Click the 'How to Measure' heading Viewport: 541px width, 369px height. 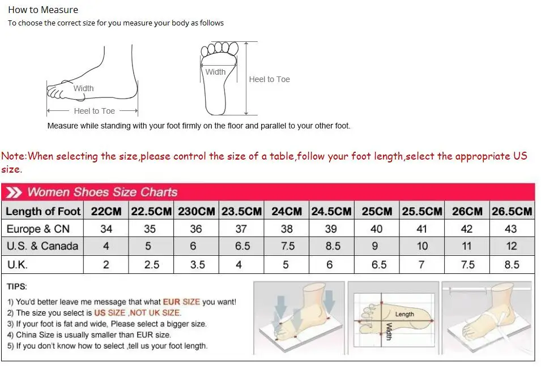point(43,10)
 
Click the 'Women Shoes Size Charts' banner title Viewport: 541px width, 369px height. point(102,192)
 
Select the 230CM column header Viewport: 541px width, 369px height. point(197,211)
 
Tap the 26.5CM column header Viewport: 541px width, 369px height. point(512,211)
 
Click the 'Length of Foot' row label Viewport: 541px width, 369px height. point(43,211)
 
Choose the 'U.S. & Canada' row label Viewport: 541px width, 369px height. point(42,246)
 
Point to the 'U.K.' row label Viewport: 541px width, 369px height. point(17,264)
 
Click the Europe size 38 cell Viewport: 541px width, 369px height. point(287,229)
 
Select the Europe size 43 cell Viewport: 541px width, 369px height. point(511,229)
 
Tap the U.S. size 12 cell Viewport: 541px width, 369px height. point(511,246)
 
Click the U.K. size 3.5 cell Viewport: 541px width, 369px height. point(197,264)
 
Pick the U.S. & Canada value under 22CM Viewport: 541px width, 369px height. point(106,246)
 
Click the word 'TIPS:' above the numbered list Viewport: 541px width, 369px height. point(17,287)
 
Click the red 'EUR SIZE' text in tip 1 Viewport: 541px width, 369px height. point(181,302)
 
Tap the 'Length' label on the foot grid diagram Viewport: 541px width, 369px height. point(404,314)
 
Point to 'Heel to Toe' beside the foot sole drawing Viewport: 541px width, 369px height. point(269,79)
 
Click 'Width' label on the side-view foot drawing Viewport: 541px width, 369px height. point(83,88)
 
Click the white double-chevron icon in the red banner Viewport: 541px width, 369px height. point(14,192)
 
